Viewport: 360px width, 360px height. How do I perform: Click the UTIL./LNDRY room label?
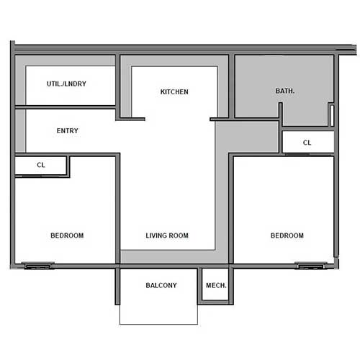click(x=66, y=84)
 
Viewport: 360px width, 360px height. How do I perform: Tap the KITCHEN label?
click(x=174, y=92)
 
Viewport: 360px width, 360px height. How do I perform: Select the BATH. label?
click(x=285, y=91)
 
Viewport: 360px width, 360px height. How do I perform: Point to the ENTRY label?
click(x=67, y=131)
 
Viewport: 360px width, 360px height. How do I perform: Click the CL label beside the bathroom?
click(x=307, y=143)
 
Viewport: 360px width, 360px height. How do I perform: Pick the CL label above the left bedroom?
click(x=41, y=165)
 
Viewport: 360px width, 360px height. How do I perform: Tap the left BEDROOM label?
click(x=67, y=235)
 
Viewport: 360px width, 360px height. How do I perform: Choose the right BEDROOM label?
click(x=287, y=235)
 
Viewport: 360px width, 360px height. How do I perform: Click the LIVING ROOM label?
click(x=167, y=235)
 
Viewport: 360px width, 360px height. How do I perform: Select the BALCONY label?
click(x=161, y=286)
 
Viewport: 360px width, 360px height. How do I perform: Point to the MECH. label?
click(x=216, y=286)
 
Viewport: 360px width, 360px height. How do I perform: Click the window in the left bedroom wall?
click(x=37, y=266)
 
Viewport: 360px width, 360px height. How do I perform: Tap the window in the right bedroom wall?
click(x=310, y=266)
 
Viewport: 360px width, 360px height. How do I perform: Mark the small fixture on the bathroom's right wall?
click(x=330, y=115)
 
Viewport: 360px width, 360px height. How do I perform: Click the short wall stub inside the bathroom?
click(x=281, y=114)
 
